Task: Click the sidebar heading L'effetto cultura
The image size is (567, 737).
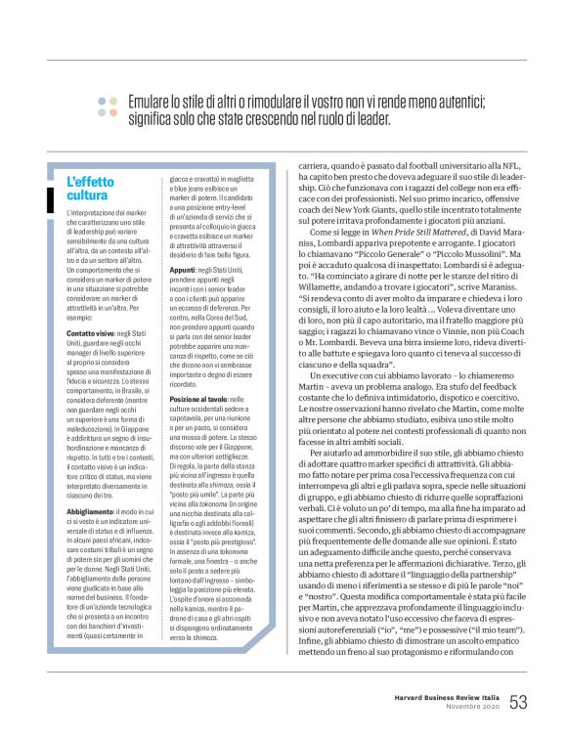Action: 90,188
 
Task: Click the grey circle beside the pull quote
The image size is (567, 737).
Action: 114,101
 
